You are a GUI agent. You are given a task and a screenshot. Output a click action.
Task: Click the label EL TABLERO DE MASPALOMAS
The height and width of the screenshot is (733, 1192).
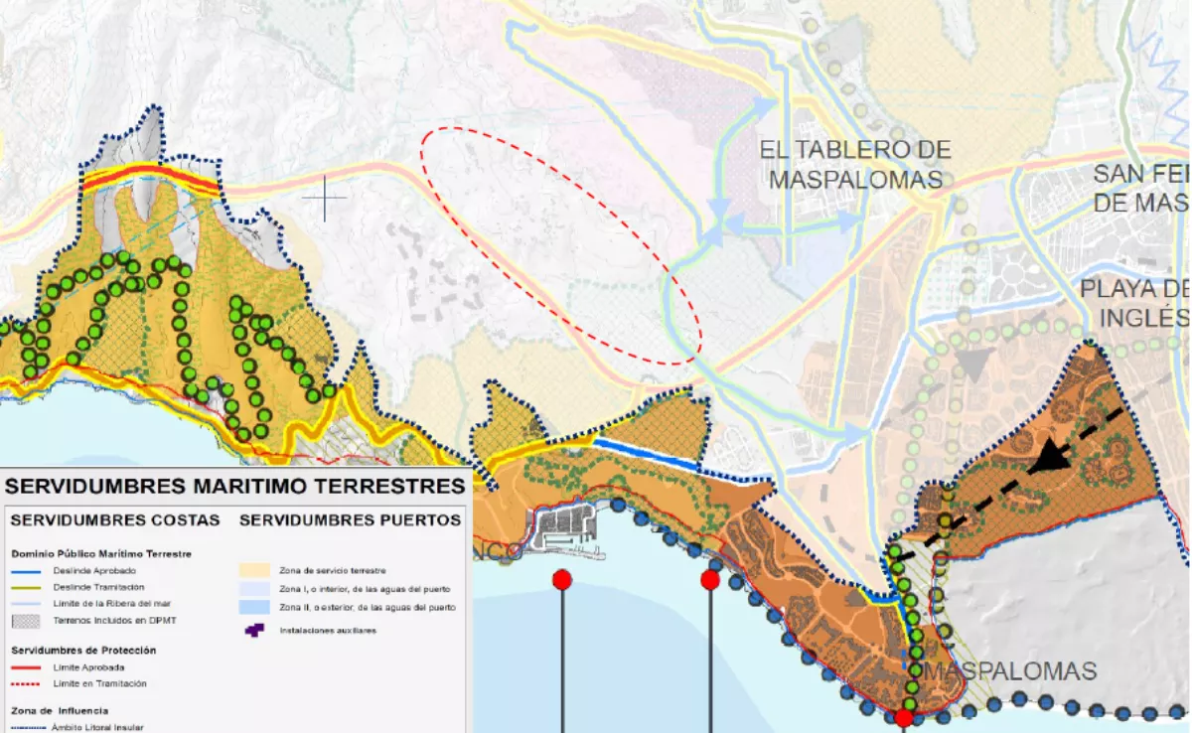tap(855, 165)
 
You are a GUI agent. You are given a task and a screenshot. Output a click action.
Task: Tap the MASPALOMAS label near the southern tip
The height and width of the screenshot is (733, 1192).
tap(1011, 671)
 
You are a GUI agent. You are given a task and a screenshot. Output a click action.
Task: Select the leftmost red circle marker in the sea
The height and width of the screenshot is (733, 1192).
tap(562, 580)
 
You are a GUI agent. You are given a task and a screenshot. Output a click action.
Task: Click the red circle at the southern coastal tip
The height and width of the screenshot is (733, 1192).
tap(904, 718)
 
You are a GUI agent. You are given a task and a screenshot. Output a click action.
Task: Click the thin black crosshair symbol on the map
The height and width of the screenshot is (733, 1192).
tap(325, 198)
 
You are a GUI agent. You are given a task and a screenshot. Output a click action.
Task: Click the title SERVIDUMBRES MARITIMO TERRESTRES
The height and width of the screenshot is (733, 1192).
tap(235, 486)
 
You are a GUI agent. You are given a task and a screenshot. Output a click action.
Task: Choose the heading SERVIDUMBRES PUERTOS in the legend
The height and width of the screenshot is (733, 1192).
tap(351, 519)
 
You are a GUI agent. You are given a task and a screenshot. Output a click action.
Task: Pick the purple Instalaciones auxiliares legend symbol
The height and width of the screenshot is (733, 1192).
tap(254, 630)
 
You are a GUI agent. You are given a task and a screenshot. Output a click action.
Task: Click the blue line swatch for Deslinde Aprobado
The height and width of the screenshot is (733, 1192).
tap(29, 571)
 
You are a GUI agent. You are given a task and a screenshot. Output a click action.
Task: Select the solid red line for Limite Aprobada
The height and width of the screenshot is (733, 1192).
tap(29, 666)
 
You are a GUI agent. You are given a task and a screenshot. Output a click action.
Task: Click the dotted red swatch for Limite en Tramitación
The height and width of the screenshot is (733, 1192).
tap(29, 683)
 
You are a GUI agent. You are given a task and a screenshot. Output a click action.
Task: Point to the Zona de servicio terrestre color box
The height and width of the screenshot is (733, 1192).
tap(254, 571)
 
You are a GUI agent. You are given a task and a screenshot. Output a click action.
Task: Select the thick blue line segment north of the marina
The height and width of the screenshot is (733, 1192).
tap(645, 455)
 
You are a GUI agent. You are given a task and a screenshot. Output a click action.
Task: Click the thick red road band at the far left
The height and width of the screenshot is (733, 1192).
tap(149, 179)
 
